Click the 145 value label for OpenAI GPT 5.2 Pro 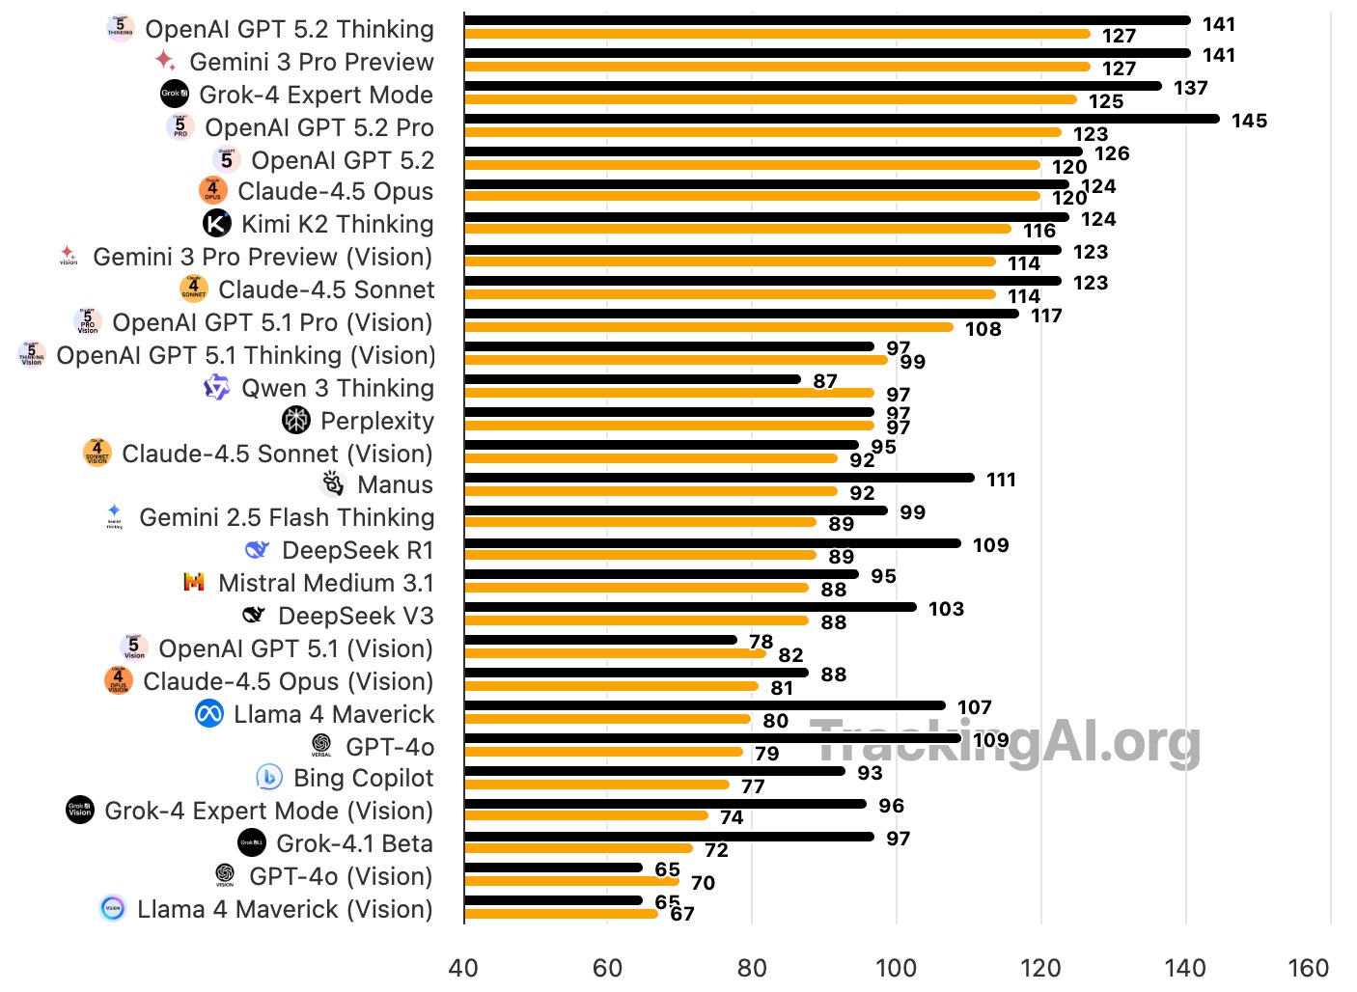(x=1249, y=121)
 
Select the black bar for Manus (x=719, y=478)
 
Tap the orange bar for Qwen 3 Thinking (x=669, y=393)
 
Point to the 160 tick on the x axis (x=1308, y=968)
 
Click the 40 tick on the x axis (x=463, y=968)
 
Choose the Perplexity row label (x=376, y=421)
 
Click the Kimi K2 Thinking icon (x=217, y=224)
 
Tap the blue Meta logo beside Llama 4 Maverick (x=209, y=714)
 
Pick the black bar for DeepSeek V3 (x=690, y=607)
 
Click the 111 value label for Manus (x=1001, y=480)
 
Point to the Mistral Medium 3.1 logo (x=194, y=582)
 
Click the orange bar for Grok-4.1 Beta (x=578, y=848)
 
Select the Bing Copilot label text (x=363, y=778)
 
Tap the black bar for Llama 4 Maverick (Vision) (x=553, y=900)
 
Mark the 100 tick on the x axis (x=896, y=968)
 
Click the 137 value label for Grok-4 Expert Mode (x=1190, y=88)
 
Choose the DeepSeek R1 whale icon (x=257, y=550)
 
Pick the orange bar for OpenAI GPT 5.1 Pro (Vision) (x=708, y=327)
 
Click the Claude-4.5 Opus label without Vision (x=335, y=191)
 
